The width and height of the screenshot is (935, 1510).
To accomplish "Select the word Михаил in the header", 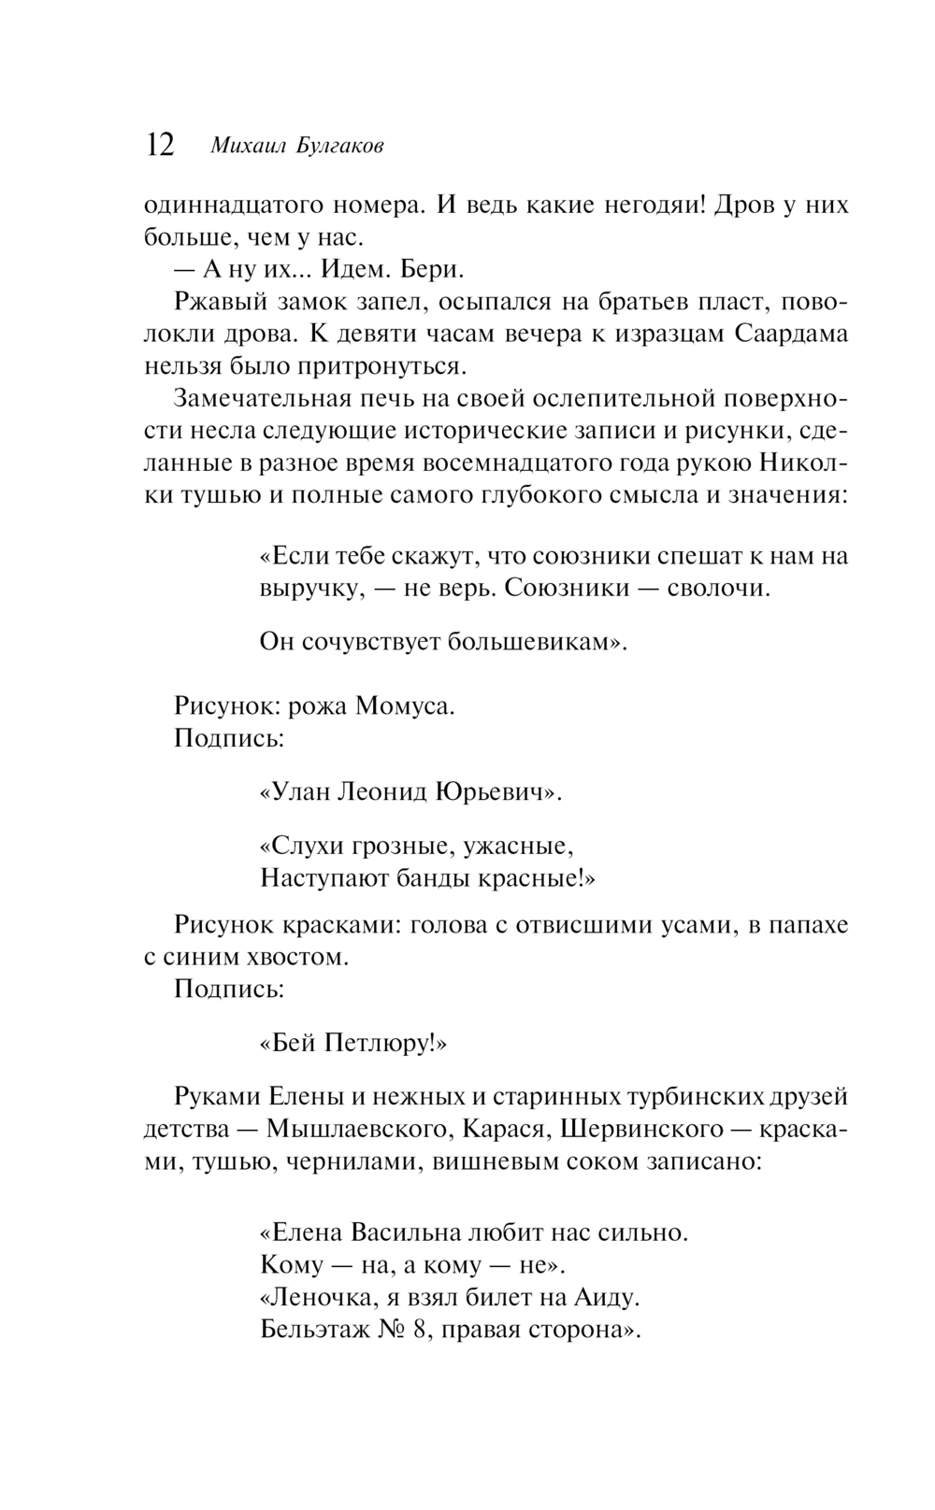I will click(246, 147).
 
